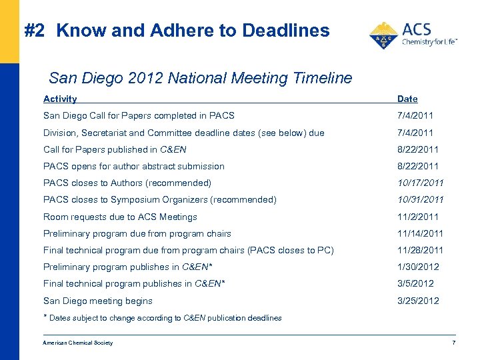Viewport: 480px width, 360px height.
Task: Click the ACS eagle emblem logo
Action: (383, 36)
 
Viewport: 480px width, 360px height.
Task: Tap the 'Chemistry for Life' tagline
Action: (429, 42)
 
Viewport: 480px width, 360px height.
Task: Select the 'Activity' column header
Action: (60, 99)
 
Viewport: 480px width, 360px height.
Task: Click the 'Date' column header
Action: (407, 99)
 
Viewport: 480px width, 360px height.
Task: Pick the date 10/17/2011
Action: (420, 183)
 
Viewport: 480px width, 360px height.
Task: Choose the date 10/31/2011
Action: (420, 199)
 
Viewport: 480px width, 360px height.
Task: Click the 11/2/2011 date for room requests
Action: (418, 217)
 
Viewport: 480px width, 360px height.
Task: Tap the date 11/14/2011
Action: (420, 233)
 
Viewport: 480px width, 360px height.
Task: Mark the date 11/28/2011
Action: (420, 250)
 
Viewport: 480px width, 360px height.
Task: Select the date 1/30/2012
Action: (418, 267)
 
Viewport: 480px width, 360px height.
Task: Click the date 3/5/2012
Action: (415, 283)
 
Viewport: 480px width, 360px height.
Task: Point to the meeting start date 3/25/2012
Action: (418, 301)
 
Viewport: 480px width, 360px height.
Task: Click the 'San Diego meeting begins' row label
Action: (98, 301)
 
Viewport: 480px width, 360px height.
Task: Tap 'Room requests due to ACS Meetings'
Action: (120, 217)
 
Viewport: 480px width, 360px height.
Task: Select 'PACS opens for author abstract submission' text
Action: (134, 166)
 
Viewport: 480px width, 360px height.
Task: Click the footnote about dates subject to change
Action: (163, 318)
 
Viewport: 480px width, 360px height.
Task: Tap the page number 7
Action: (453, 343)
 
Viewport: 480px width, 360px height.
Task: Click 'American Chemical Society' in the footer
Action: (78, 343)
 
